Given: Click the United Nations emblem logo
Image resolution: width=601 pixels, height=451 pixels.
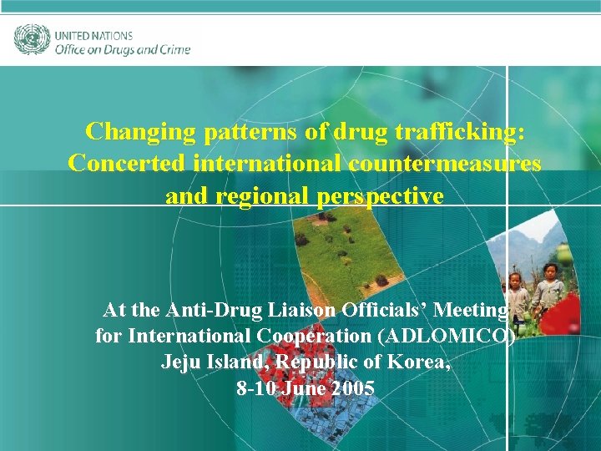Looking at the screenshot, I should point(32,39).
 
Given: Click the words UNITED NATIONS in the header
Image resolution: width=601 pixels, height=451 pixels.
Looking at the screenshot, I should point(93,36).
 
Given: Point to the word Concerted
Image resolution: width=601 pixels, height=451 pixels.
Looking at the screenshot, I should point(127,164).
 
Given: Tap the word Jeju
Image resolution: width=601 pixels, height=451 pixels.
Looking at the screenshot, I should point(179,362).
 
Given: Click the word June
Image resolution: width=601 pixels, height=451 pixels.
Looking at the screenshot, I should point(303,388).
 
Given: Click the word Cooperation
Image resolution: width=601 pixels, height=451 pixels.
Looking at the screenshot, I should point(326,337).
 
